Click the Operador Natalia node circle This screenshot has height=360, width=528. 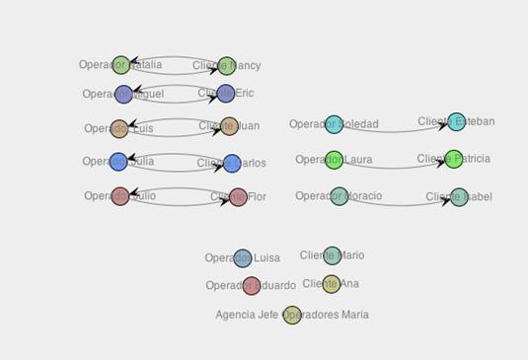120,65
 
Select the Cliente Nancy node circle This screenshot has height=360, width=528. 227,66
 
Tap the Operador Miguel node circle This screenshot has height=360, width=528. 123,95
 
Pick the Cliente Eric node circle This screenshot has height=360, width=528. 226,94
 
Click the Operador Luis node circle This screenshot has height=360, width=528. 119,129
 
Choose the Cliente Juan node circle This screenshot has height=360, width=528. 230,126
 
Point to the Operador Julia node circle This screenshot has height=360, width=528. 118,162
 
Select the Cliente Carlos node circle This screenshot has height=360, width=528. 232,164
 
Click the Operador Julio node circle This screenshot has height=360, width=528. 120,196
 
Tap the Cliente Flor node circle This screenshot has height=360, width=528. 238,197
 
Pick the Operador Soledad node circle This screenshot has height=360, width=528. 335,124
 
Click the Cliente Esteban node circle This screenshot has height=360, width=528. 456,122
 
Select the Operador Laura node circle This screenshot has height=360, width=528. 334,160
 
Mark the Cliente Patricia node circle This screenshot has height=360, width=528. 453,159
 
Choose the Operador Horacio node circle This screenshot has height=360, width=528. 339,196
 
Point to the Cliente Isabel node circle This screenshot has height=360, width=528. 459,197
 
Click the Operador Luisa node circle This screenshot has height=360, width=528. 243,258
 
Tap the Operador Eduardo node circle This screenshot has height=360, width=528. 252,286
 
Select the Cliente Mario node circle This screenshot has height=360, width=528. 333,255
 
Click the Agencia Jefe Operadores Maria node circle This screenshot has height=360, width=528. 292,316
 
